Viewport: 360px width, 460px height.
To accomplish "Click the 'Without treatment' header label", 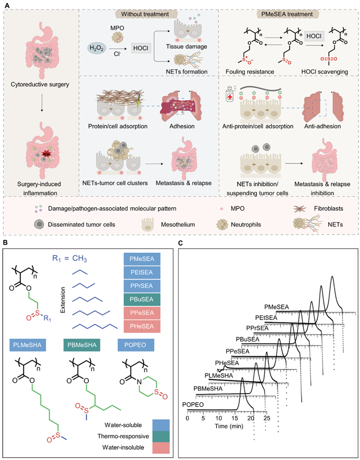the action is coord(150,14).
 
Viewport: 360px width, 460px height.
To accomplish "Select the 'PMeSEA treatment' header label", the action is coord(289,14).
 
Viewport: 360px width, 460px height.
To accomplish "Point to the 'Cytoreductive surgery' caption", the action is coord(41,84).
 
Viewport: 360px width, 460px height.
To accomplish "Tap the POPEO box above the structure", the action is coord(136,345).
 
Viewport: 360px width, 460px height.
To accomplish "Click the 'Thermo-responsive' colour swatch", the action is coord(161,436).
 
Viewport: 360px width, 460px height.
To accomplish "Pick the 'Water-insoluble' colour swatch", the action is coord(161,447).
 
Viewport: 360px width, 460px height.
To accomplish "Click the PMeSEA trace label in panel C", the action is coord(276,307).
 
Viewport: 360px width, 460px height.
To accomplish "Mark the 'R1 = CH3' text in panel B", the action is coord(67,259).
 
